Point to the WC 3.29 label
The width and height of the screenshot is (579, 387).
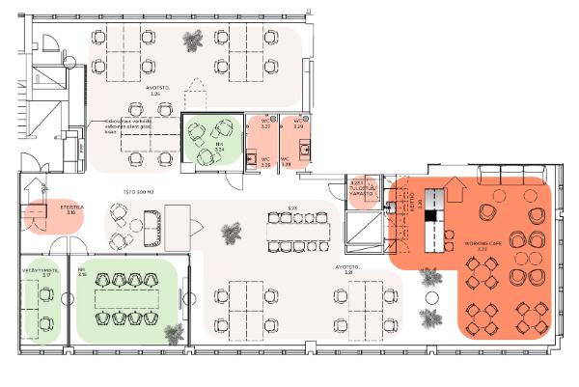coord(298,124)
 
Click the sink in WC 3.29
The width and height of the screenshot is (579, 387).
coord(305,149)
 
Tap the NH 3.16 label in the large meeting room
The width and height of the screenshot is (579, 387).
coord(83,272)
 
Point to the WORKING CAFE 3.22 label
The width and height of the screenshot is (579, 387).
coord(480,244)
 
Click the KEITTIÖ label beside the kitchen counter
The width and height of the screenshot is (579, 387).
coord(413,202)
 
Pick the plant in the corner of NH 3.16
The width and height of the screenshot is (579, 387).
coord(174,333)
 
